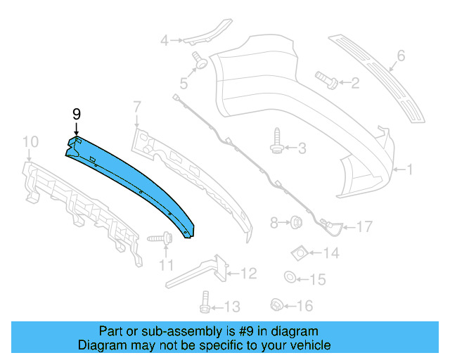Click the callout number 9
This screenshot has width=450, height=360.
pos(77,113)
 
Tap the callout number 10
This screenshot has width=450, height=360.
pos(30,143)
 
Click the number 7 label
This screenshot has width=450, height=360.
pos(137,107)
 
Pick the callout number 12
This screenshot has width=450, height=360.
pos(249,273)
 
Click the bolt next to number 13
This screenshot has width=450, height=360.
pos(205,304)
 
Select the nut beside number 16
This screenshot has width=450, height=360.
pos(276,304)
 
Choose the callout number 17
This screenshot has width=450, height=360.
pos(364,226)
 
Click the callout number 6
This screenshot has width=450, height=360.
pos(401,55)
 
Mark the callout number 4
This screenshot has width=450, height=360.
pos(165,41)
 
